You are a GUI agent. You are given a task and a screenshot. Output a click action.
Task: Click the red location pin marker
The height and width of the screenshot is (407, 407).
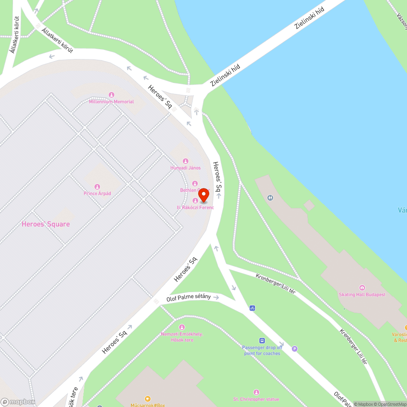click(203, 196)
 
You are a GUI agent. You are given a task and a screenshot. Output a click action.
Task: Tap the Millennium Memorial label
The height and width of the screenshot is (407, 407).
click(111, 102)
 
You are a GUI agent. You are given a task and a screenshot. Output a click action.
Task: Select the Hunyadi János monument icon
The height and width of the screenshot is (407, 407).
click(186, 161)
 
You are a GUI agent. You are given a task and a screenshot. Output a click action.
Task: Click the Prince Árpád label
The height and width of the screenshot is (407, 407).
click(97, 193)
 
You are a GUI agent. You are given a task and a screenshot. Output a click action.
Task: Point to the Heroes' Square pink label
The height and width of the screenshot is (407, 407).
click(46, 224)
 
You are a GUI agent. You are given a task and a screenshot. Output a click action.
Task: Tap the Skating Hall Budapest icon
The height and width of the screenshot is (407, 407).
click(362, 288)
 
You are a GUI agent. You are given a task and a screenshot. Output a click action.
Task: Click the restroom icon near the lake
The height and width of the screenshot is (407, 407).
click(271, 198)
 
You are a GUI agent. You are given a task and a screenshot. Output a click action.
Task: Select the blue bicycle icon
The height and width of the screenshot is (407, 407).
click(252, 308)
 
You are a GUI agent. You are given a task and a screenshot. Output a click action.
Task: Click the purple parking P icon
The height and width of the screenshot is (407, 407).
click(295, 348)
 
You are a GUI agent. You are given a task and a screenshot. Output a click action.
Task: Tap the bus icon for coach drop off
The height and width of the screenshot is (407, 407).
click(262, 341)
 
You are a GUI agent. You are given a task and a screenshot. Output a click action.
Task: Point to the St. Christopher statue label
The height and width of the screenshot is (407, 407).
click(256, 399)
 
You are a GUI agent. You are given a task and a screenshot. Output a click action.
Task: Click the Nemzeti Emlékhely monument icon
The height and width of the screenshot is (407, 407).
click(182, 327)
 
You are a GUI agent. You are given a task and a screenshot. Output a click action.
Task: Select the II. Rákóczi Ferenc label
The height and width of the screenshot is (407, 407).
click(195, 208)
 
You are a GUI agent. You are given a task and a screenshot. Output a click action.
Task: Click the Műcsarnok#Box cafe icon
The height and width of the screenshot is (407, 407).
click(148, 399)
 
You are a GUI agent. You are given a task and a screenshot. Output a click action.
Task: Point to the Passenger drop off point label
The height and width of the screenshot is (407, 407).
click(262, 350)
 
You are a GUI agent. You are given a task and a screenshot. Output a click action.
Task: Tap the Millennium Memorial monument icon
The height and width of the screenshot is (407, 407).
click(111, 95)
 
